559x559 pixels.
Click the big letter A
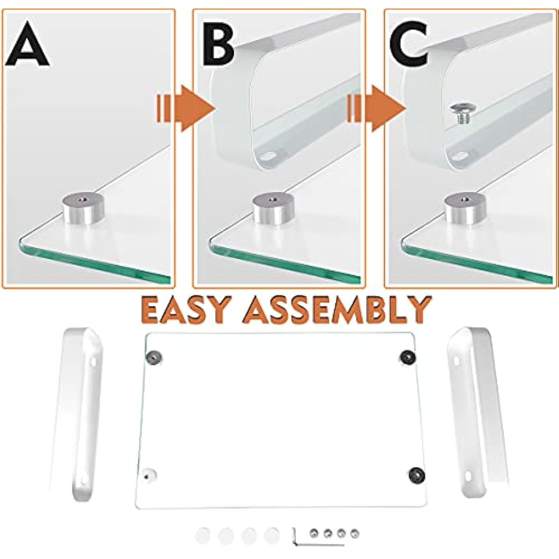coord(27,44)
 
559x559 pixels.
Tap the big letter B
coord(219,44)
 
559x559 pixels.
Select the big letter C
coord(409,44)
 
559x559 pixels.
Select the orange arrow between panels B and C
coord(376,108)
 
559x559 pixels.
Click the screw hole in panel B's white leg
coord(270,157)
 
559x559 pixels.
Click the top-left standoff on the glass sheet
coord(154,357)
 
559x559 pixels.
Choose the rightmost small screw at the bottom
coord(354,533)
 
